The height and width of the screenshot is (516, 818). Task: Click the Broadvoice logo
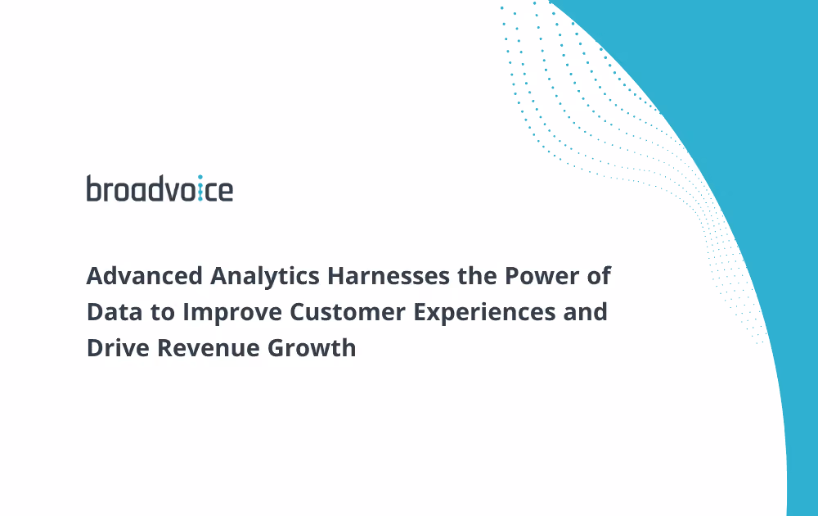pyautogui.click(x=160, y=188)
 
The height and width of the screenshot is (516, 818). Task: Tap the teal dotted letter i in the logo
pyautogui.click(x=200, y=188)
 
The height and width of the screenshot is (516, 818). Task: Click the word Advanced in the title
pyautogui.click(x=145, y=276)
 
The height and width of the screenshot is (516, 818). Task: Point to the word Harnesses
pyautogui.click(x=388, y=276)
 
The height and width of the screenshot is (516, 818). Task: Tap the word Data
pyautogui.click(x=115, y=312)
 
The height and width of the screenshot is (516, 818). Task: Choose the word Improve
pyautogui.click(x=232, y=313)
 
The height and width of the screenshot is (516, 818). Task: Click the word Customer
pyautogui.click(x=348, y=312)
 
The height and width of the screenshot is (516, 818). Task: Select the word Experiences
pyautogui.click(x=484, y=313)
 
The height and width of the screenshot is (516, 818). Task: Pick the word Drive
pyautogui.click(x=118, y=348)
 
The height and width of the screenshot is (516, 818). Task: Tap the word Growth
pyautogui.click(x=312, y=348)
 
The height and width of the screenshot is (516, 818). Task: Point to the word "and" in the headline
pyautogui.click(x=586, y=312)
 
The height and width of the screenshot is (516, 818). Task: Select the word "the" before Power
pyautogui.click(x=477, y=276)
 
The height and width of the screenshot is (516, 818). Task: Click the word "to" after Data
pyautogui.click(x=163, y=312)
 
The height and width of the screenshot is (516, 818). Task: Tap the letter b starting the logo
pyautogui.click(x=94, y=188)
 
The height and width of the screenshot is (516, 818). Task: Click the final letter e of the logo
pyautogui.click(x=226, y=191)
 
